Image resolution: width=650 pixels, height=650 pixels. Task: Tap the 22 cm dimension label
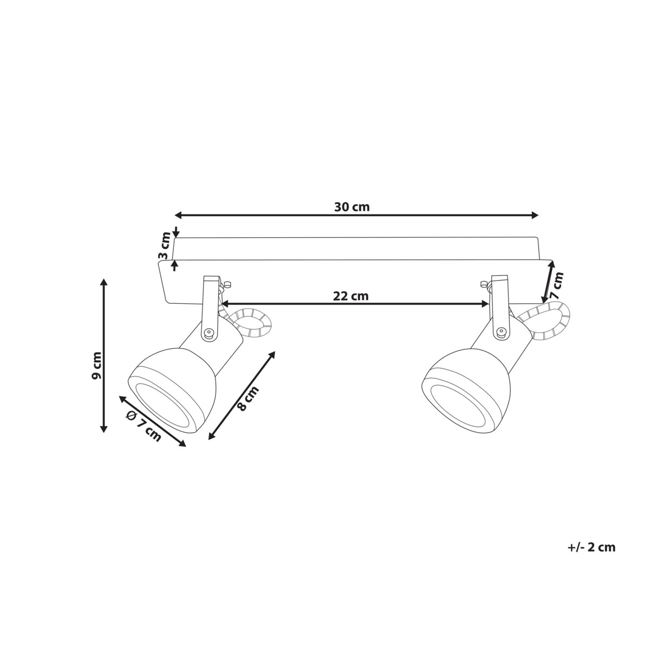pos(350,296)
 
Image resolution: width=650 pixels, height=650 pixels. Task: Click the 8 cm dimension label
pos(249,399)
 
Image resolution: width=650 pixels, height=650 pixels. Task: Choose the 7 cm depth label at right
pos(556,286)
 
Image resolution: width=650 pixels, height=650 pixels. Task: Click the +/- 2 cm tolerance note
pos(591,547)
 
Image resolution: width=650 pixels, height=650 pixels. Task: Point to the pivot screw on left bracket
pos(208,333)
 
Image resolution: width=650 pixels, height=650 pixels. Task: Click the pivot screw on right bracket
pos(501,332)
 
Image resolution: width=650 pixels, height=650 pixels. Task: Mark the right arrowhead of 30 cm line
pos(536,216)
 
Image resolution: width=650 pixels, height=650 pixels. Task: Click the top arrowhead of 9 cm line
pos(103,283)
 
